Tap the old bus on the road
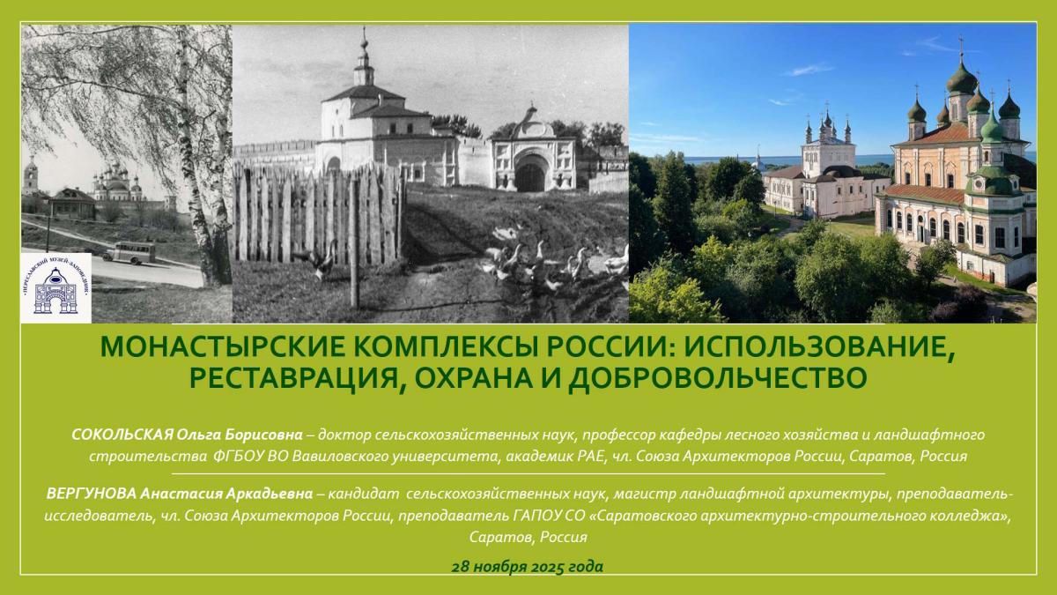tap(129, 253)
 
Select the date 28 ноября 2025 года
tap(528, 565)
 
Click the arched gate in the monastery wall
tap(530, 175)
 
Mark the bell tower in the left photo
tap(32, 181)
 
